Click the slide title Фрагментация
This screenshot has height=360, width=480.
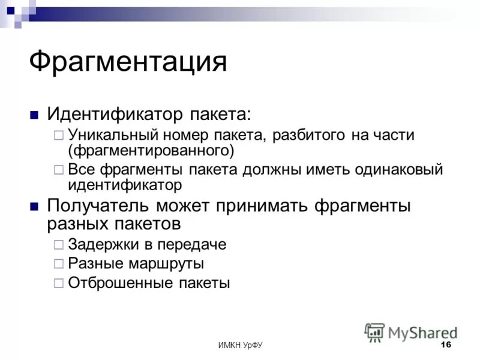[128, 62]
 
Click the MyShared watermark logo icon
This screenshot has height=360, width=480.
[374, 332]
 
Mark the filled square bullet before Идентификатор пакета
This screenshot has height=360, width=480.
[34, 113]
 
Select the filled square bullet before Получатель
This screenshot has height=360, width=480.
[34, 206]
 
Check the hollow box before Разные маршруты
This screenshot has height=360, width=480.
[58, 263]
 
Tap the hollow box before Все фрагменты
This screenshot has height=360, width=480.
[58, 170]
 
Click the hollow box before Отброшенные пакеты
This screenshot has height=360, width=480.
[58, 283]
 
